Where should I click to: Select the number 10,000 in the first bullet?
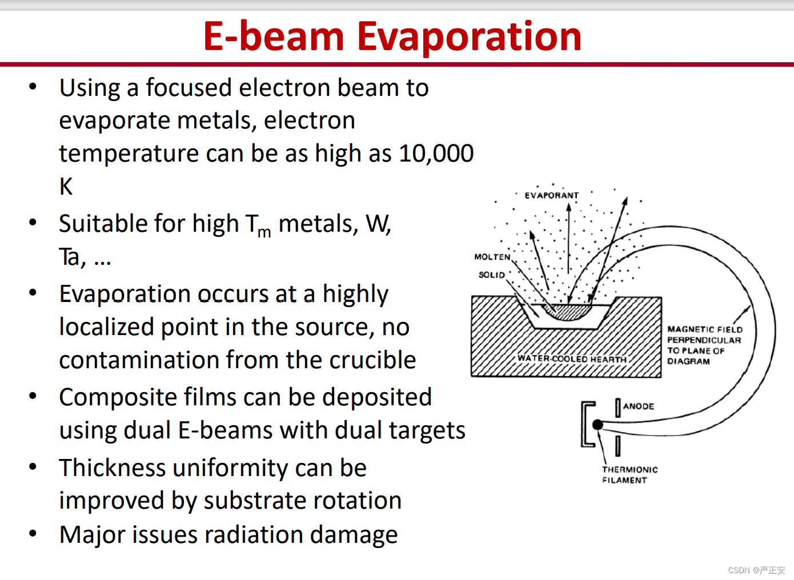click(436, 154)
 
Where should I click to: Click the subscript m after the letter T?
click(264, 233)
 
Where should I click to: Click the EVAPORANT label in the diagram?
click(552, 196)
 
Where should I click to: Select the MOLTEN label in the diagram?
click(492, 257)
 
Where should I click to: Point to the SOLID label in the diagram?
click(492, 275)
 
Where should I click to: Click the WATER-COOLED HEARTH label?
click(572, 359)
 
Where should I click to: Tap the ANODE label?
click(639, 406)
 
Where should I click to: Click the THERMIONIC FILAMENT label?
click(629, 475)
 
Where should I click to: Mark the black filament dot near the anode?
click(597, 424)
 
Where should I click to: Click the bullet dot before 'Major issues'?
click(33, 533)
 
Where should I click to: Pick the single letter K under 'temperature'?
click(66, 186)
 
